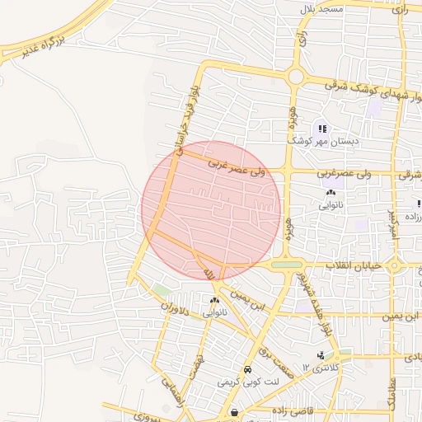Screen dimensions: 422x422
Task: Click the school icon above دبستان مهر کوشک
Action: [322, 128]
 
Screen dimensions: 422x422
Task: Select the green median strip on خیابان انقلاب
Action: [286, 265]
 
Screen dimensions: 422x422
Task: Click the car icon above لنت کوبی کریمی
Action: [248, 369]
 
